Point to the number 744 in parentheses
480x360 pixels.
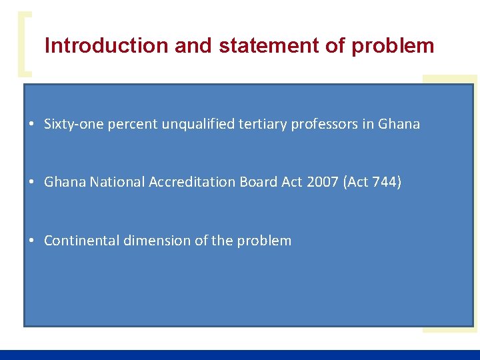click(x=385, y=182)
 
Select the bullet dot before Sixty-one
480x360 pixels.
click(x=32, y=125)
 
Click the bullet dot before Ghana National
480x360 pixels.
click(x=32, y=183)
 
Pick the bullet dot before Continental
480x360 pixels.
click(x=32, y=241)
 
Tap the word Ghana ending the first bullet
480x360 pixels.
click(x=399, y=124)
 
